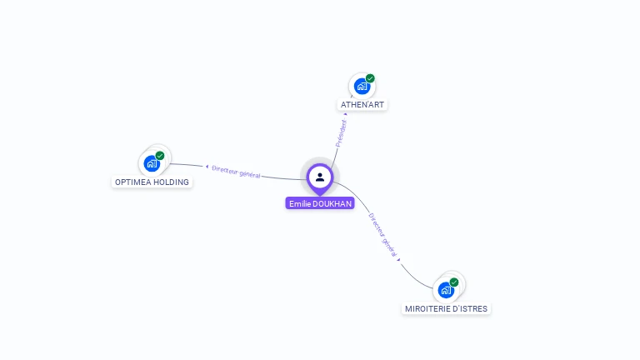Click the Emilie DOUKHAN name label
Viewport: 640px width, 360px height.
320,203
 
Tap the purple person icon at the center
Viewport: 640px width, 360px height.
320,177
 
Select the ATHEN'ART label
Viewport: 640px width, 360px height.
362,105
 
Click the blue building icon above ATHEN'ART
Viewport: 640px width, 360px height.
362,86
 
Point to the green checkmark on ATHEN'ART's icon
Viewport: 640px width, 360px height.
370,78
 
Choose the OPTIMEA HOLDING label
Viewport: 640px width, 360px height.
152,182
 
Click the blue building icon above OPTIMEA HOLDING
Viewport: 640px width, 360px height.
152,163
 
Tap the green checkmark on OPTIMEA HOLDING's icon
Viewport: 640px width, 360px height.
160,156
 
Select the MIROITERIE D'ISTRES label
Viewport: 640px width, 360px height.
447,308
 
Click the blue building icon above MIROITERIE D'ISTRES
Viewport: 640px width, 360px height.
446,290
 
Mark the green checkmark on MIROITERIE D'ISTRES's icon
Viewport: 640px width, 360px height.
454,282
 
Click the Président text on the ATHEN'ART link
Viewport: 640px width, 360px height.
341,133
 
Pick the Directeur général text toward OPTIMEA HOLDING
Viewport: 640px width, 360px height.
236,172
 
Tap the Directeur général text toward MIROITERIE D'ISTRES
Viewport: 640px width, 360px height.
383,235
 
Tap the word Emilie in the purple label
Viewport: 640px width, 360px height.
298,203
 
